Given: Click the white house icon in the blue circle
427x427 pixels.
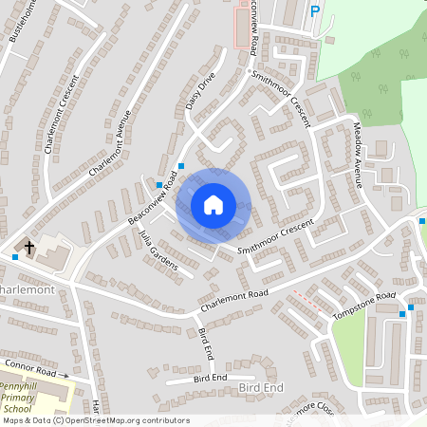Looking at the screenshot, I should click(x=213, y=204).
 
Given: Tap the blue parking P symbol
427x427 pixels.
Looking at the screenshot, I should click(x=315, y=11).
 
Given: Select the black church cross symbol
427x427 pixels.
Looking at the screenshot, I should click(x=29, y=249).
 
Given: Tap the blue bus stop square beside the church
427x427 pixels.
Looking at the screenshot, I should click(x=15, y=256).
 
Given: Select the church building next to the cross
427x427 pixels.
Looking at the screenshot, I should click(x=53, y=254).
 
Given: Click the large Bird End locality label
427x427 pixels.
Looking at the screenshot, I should click(x=261, y=388).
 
